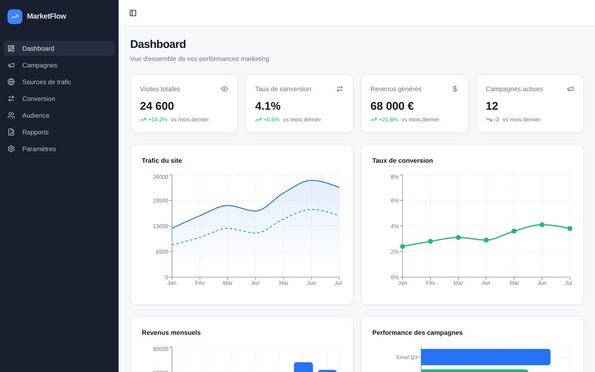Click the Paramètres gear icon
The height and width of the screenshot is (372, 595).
point(11,149)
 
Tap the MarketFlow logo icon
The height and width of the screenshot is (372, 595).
point(15,17)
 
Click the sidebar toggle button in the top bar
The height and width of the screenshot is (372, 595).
point(133,13)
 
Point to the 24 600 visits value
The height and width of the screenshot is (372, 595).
point(156,106)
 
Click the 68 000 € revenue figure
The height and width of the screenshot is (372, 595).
point(392,106)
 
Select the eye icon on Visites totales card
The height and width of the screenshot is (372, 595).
point(225,89)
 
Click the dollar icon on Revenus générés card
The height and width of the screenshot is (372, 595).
point(455,89)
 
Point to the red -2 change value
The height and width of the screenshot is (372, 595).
point(496,120)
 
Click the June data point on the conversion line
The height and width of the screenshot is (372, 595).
point(542,225)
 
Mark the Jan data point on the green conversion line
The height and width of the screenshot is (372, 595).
point(403,246)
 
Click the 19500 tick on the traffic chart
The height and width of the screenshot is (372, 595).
point(160,201)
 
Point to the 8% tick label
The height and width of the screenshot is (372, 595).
point(394,177)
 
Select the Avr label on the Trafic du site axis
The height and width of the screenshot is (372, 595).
point(255,283)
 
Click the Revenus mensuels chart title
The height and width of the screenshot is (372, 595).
point(171,333)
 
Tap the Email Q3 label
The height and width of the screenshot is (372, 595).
point(407,357)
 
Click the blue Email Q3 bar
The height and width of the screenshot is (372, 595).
point(486,357)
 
